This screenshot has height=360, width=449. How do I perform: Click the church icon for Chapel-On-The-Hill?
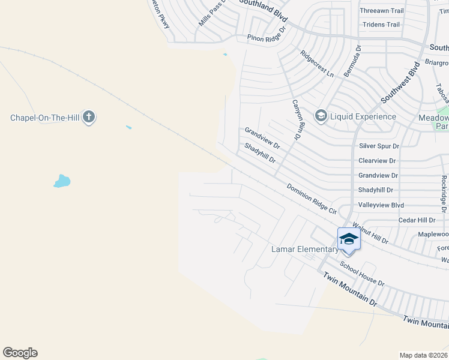89,117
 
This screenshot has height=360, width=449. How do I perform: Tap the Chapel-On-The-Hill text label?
45,118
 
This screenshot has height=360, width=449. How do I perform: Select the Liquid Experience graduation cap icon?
321,116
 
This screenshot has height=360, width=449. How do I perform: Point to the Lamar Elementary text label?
304,249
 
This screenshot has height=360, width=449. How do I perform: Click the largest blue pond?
62,181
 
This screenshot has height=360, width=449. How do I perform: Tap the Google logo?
20,353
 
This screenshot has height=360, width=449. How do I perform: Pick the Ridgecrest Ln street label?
317,63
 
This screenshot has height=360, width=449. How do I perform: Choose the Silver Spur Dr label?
379,146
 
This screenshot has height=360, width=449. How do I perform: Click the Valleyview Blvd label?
381,205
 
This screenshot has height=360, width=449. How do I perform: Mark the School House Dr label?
362,273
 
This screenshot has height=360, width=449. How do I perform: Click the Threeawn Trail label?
381,11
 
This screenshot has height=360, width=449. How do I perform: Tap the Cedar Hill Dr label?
417,220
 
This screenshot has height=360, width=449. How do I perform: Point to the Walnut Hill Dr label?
371,234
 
